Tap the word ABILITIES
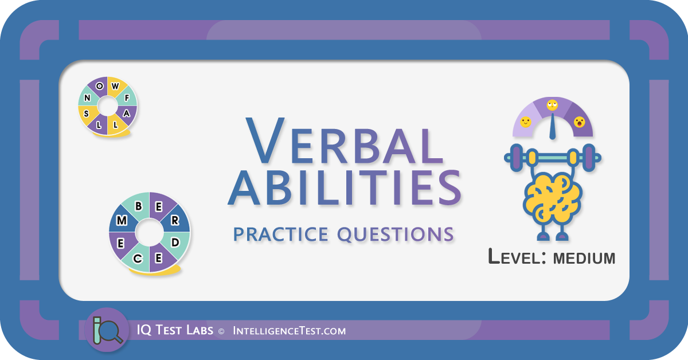[x=345, y=187]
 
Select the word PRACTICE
[x=281, y=234]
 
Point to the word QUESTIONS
[x=396, y=235]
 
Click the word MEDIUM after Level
[x=584, y=258]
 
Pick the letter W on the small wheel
[x=115, y=86]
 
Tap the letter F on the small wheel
[x=127, y=98]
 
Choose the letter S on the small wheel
[x=87, y=114]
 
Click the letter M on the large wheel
[x=122, y=220]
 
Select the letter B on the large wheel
[x=139, y=206]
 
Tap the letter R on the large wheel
[x=175, y=220]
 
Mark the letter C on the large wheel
[x=138, y=259]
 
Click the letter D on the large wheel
[x=175, y=242]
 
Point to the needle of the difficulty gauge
[x=553, y=127]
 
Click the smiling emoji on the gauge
[x=526, y=122]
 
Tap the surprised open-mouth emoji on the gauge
[x=579, y=122]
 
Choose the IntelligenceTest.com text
[x=290, y=331]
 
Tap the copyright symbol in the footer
[x=221, y=331]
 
